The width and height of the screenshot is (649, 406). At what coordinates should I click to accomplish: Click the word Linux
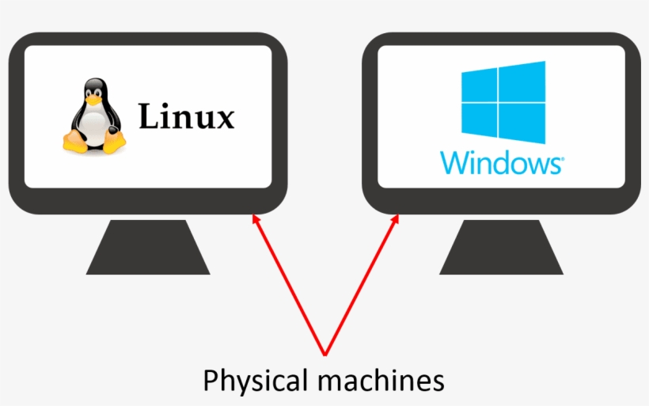(187, 117)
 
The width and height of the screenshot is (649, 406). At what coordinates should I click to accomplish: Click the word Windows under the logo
(502, 163)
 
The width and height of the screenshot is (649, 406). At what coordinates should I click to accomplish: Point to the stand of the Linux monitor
(148, 249)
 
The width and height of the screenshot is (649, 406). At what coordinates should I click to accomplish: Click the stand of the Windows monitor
(501, 249)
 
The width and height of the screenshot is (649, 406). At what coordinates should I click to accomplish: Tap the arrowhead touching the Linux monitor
(254, 218)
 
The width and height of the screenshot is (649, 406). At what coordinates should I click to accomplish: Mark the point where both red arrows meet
(324, 353)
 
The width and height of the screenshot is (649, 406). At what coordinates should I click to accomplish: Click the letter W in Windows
(454, 163)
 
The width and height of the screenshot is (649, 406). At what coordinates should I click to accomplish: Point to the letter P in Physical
(211, 381)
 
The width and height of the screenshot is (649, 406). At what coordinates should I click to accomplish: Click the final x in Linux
(225, 120)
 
